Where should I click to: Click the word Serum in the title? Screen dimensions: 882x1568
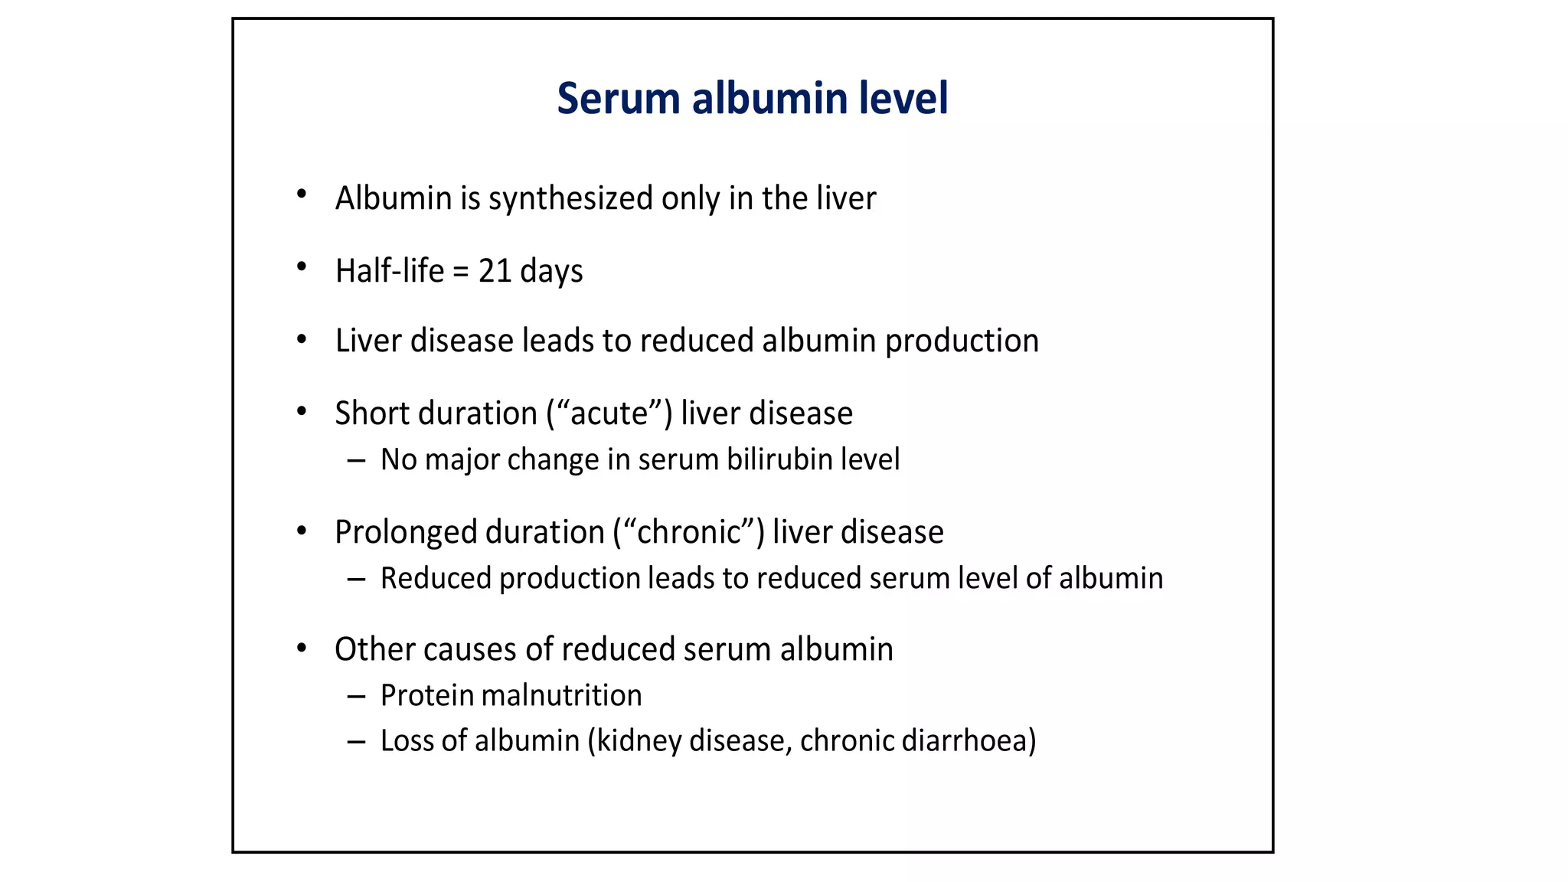click(618, 99)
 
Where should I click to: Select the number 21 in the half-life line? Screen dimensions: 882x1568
click(495, 271)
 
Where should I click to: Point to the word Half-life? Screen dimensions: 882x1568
click(389, 271)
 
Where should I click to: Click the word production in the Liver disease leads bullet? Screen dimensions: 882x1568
click(962, 341)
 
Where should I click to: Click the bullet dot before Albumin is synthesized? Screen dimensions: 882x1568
click(302, 194)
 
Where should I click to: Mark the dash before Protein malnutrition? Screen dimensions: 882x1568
click(356, 697)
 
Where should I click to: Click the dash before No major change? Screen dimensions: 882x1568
click(356, 461)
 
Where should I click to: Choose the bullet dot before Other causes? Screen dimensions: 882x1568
click(302, 648)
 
